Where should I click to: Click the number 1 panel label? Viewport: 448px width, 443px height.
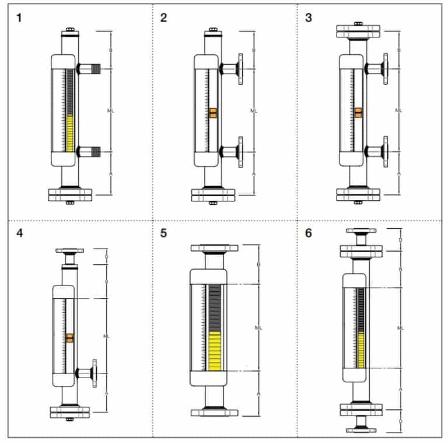(x=20, y=18)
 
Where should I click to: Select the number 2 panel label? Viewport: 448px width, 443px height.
(x=164, y=18)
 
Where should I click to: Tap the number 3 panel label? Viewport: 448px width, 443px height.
(x=309, y=18)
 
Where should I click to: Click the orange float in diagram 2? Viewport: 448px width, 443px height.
(x=213, y=113)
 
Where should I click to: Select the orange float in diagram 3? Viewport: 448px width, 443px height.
(x=358, y=113)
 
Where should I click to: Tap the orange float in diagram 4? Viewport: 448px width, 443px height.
(x=70, y=338)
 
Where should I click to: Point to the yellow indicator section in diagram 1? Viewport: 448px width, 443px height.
(x=71, y=133)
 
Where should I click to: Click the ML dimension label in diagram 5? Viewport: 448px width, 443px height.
(x=258, y=329)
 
